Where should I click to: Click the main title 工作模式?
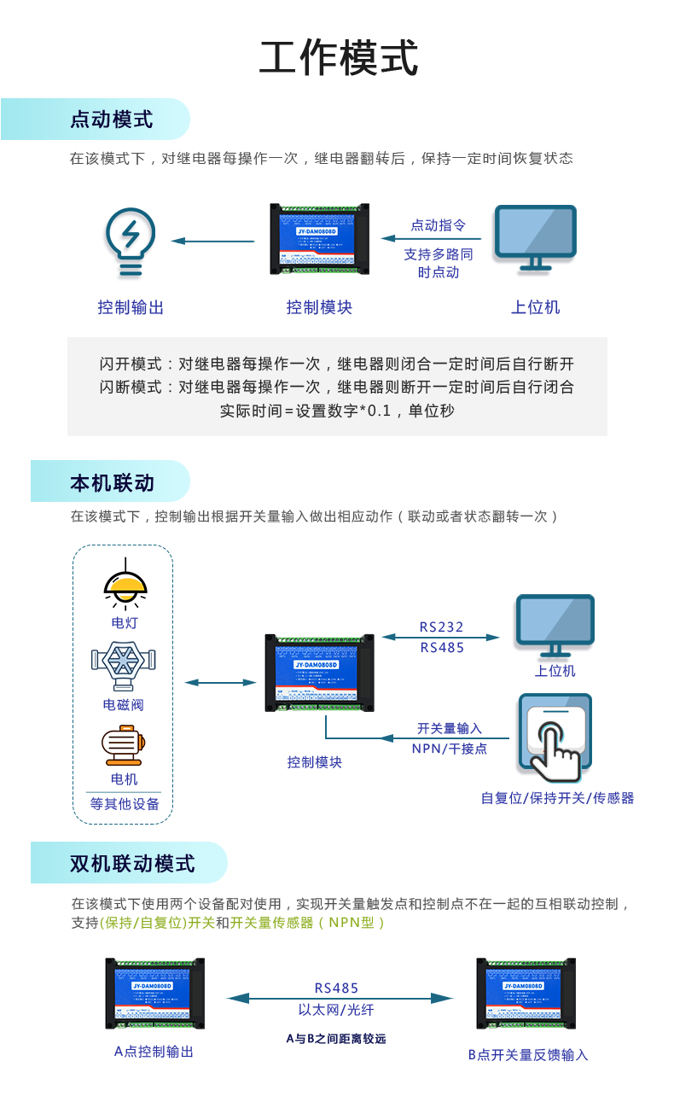click(x=339, y=59)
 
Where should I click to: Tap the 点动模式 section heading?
click(x=111, y=120)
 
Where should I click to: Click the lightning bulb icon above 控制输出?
click(x=130, y=242)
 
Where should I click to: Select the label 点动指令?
click(x=439, y=225)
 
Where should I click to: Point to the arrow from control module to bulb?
click(x=212, y=242)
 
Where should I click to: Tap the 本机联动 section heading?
click(x=112, y=482)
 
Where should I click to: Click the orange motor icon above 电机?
click(x=123, y=744)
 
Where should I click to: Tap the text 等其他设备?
click(x=125, y=804)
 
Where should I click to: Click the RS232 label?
click(x=441, y=627)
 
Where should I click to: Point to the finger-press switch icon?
click(x=555, y=738)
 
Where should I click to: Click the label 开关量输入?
click(x=450, y=728)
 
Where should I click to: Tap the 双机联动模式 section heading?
click(x=132, y=863)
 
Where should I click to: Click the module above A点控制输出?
click(x=154, y=993)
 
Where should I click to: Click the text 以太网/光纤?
click(x=336, y=1010)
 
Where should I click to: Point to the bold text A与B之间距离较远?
click(x=336, y=1039)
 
